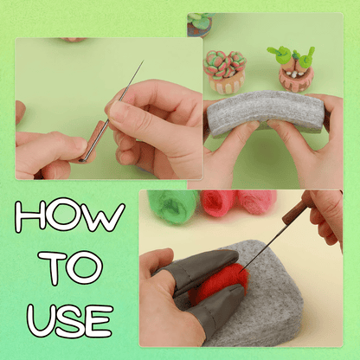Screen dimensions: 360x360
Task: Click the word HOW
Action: point(70,215)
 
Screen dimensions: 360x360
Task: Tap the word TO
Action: point(70,268)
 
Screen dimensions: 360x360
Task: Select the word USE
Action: point(70,321)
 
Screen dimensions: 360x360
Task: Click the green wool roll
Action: point(172,205)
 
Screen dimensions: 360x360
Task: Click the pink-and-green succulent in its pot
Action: point(225,72)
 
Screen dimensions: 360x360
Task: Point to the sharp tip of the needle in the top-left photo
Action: point(144,61)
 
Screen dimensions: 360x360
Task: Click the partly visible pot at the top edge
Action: point(200,25)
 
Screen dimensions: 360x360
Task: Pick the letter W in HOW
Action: point(106,216)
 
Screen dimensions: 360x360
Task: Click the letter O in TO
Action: point(84,268)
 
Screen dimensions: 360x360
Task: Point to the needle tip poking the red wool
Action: point(241,271)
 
